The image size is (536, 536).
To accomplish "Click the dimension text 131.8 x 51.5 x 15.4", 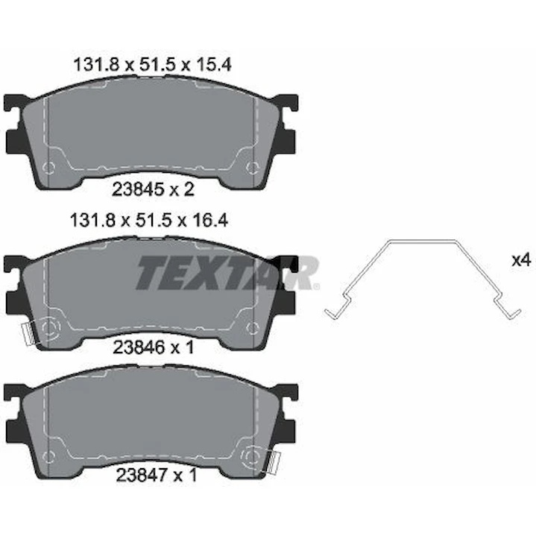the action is pyautogui.click(x=153, y=64).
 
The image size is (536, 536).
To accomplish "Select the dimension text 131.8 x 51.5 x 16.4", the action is pyautogui.click(x=149, y=221).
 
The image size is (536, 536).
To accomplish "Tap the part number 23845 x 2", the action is pyautogui.click(x=153, y=189).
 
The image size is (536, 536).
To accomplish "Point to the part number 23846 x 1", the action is pyautogui.click(x=154, y=347).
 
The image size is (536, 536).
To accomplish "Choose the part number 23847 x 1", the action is pyautogui.click(x=157, y=475).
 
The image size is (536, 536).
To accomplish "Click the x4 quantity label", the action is pyautogui.click(x=521, y=260).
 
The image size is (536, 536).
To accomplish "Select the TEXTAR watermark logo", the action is pyautogui.click(x=228, y=273).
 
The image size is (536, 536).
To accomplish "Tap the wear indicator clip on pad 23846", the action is pyautogui.click(x=28, y=335).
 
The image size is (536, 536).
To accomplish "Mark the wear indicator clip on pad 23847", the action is pyautogui.click(x=274, y=462).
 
